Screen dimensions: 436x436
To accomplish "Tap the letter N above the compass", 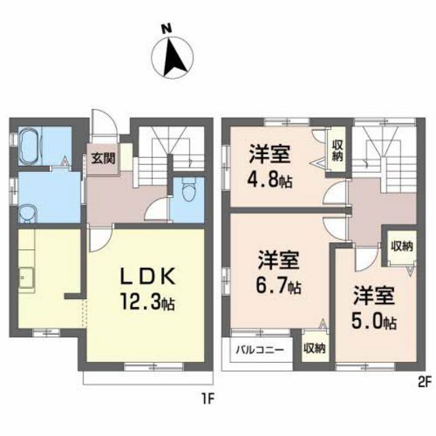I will point(166,29).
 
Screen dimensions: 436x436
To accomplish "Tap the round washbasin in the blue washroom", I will point(27,211).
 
